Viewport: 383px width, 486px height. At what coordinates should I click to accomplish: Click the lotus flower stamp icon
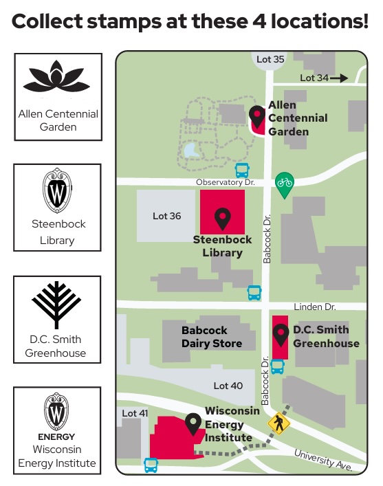pyautogui.click(x=57, y=80)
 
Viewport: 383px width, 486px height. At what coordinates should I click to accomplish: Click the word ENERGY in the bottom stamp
pyautogui.click(x=56, y=437)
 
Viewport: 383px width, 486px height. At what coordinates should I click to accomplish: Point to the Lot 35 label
pyautogui.click(x=270, y=60)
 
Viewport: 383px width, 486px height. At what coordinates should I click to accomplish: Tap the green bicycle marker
pyautogui.click(x=285, y=183)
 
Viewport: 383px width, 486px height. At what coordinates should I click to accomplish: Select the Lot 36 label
pyautogui.click(x=166, y=216)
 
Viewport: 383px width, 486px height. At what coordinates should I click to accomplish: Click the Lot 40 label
pyautogui.click(x=228, y=386)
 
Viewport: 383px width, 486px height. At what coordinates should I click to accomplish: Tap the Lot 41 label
pyautogui.click(x=135, y=413)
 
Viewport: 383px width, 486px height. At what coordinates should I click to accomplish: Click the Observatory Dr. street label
pyautogui.click(x=226, y=182)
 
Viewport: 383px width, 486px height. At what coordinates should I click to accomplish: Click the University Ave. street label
pyautogui.click(x=323, y=460)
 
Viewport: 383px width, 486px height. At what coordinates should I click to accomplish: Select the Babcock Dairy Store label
pyautogui.click(x=212, y=337)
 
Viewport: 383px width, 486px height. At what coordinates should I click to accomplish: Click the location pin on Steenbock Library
pyautogui.click(x=222, y=219)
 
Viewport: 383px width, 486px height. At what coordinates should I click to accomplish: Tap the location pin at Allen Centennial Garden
pyautogui.click(x=257, y=116)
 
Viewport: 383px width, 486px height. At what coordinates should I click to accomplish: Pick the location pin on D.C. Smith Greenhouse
pyautogui.click(x=281, y=335)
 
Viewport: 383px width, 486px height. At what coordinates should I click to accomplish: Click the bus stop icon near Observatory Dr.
pyautogui.click(x=242, y=170)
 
